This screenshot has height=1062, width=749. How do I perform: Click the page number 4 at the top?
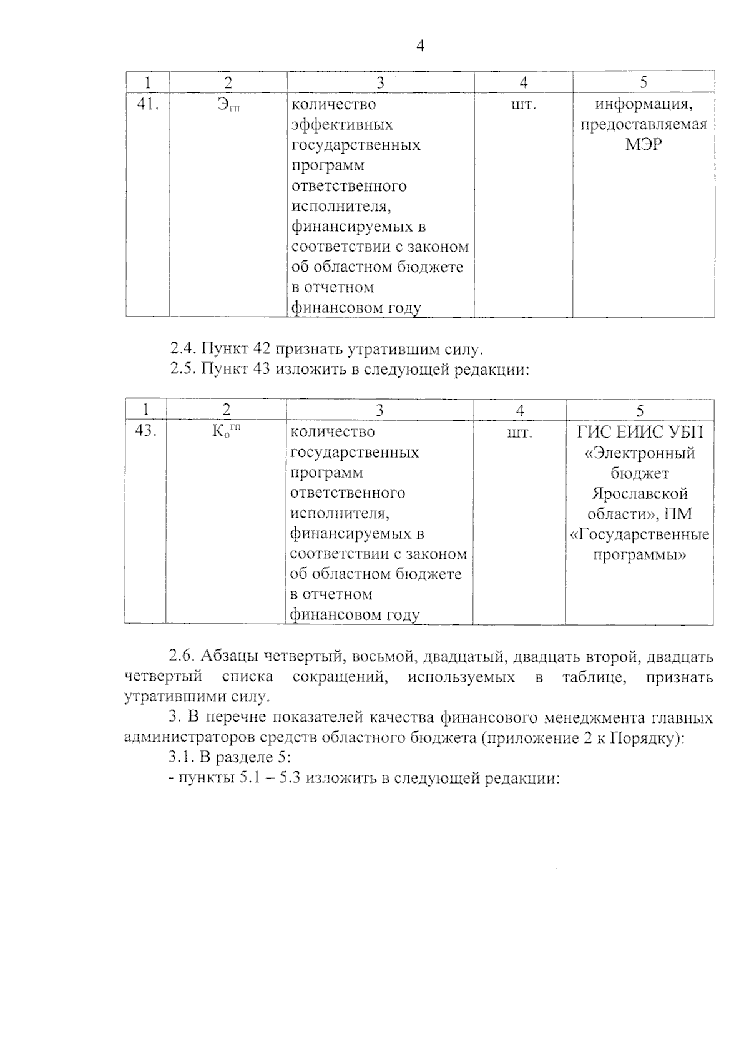[420, 46]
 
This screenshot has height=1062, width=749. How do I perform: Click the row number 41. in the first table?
[148, 104]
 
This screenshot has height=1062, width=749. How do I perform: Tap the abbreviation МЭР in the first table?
[644, 145]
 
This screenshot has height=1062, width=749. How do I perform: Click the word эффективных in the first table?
[343, 125]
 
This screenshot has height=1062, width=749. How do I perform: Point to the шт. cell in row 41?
[523, 104]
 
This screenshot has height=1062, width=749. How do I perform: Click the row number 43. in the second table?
[145, 431]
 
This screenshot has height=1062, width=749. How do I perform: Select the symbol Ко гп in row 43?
[226, 431]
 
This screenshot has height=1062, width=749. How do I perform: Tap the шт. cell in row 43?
[519, 431]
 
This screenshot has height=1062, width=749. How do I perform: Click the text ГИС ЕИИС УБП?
[640, 431]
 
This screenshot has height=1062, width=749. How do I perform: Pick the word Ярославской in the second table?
[640, 494]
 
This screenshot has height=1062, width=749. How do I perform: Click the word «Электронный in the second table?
[640, 453]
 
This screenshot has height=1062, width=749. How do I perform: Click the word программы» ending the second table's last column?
[640, 555]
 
